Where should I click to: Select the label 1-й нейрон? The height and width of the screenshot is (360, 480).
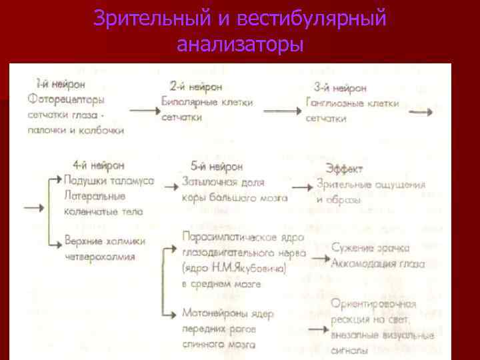pos(59,84)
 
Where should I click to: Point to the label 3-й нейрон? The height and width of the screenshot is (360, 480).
pos(339,88)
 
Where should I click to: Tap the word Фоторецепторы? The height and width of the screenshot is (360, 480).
pos(67,99)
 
